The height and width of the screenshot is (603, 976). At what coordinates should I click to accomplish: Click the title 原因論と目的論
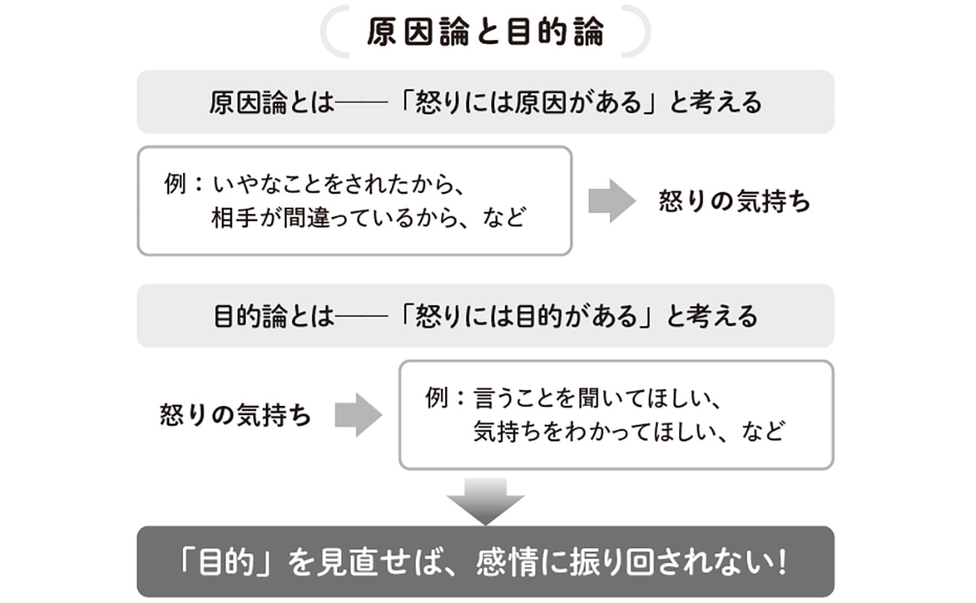[485, 33]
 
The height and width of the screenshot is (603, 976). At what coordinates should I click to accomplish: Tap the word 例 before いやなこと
[176, 184]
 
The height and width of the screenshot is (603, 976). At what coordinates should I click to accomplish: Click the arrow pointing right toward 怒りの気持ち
[611, 201]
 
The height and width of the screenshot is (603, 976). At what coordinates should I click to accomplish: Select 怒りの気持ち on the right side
[734, 202]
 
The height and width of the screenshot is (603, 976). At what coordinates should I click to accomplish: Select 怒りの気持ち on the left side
[236, 416]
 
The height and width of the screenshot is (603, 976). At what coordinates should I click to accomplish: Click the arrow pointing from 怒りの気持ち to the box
[358, 415]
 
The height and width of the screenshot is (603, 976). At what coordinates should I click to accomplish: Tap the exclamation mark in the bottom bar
[782, 562]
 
